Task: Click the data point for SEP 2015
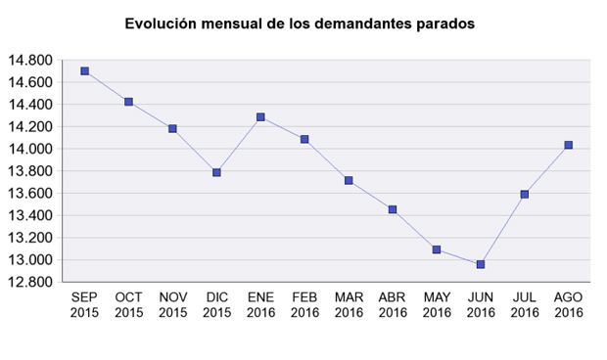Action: click(x=85, y=71)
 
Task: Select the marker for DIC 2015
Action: click(x=216, y=172)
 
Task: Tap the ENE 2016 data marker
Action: click(x=260, y=117)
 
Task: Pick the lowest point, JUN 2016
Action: click(x=480, y=264)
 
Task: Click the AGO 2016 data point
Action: click(x=568, y=145)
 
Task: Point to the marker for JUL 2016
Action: click(x=525, y=195)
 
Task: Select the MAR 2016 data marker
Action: click(x=349, y=181)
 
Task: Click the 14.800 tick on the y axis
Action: click(x=29, y=61)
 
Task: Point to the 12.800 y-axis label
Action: click(x=29, y=282)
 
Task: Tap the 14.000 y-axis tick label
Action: click(x=29, y=149)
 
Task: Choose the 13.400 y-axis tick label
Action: click(x=29, y=215)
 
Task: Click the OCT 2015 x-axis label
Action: click(x=128, y=305)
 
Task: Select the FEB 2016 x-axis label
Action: click(x=304, y=305)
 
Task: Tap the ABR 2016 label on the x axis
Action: click(x=393, y=305)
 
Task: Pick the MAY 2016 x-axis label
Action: click(x=437, y=305)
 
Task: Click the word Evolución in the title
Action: click(x=163, y=22)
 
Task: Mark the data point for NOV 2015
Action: click(x=172, y=128)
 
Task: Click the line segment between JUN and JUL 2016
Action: click(x=502, y=229)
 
